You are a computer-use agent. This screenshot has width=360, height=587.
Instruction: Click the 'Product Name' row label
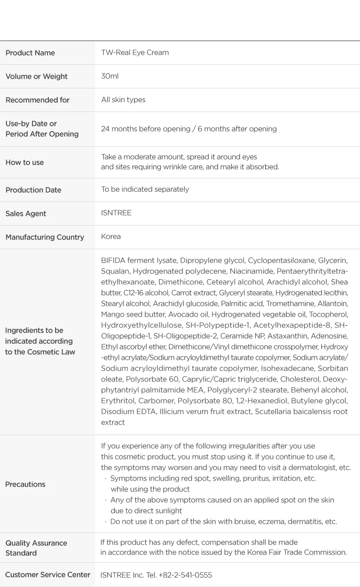[30, 53]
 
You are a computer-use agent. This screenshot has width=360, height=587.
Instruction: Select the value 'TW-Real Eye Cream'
[135, 52]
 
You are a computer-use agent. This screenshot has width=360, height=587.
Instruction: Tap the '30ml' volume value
[110, 76]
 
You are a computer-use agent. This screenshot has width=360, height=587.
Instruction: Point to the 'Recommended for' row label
[38, 100]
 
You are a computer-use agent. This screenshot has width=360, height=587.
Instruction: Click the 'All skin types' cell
[123, 100]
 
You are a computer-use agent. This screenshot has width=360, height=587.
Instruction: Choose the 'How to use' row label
[25, 162]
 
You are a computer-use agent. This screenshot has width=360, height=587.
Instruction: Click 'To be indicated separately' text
[145, 189]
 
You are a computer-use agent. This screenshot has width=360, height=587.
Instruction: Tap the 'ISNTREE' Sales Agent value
[116, 213]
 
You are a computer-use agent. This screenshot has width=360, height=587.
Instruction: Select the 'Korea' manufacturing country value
[111, 236]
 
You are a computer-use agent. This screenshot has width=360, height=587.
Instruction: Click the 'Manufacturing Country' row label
[45, 237]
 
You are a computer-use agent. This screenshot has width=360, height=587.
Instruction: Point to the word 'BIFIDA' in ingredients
[113, 260]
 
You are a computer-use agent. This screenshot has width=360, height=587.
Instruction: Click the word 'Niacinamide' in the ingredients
[251, 271]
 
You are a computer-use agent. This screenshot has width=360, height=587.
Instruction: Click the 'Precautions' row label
[25, 484]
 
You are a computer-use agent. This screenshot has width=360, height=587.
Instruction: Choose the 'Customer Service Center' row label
[48, 575]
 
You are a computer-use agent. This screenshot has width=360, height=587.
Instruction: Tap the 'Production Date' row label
[33, 190]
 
